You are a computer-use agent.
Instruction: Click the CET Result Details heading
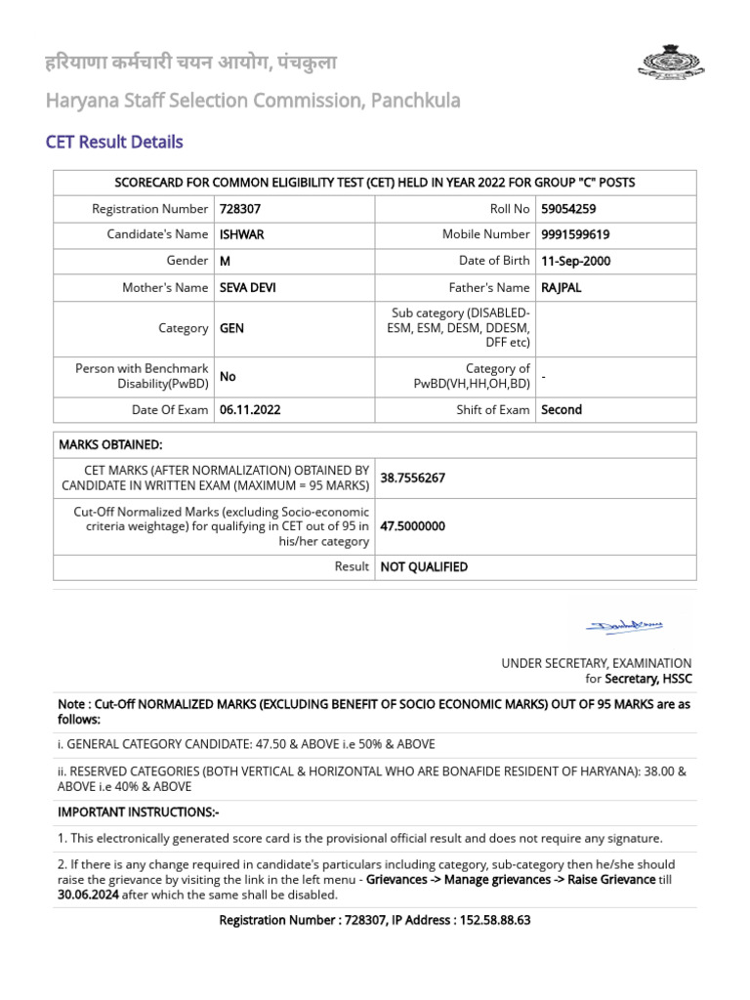[x=114, y=143]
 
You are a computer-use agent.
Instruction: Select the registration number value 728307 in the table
[x=240, y=209]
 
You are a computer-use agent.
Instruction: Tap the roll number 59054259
[x=568, y=209]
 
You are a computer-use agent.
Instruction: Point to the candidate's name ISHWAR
[x=242, y=234]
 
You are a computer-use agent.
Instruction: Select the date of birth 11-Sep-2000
[x=576, y=261]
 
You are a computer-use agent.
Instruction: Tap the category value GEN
[x=231, y=329]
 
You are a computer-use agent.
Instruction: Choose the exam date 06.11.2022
[x=250, y=410]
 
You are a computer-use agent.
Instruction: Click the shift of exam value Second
[x=562, y=410]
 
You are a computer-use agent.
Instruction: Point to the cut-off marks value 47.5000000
[x=412, y=526]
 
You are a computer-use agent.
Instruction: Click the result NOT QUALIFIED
[x=424, y=567]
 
